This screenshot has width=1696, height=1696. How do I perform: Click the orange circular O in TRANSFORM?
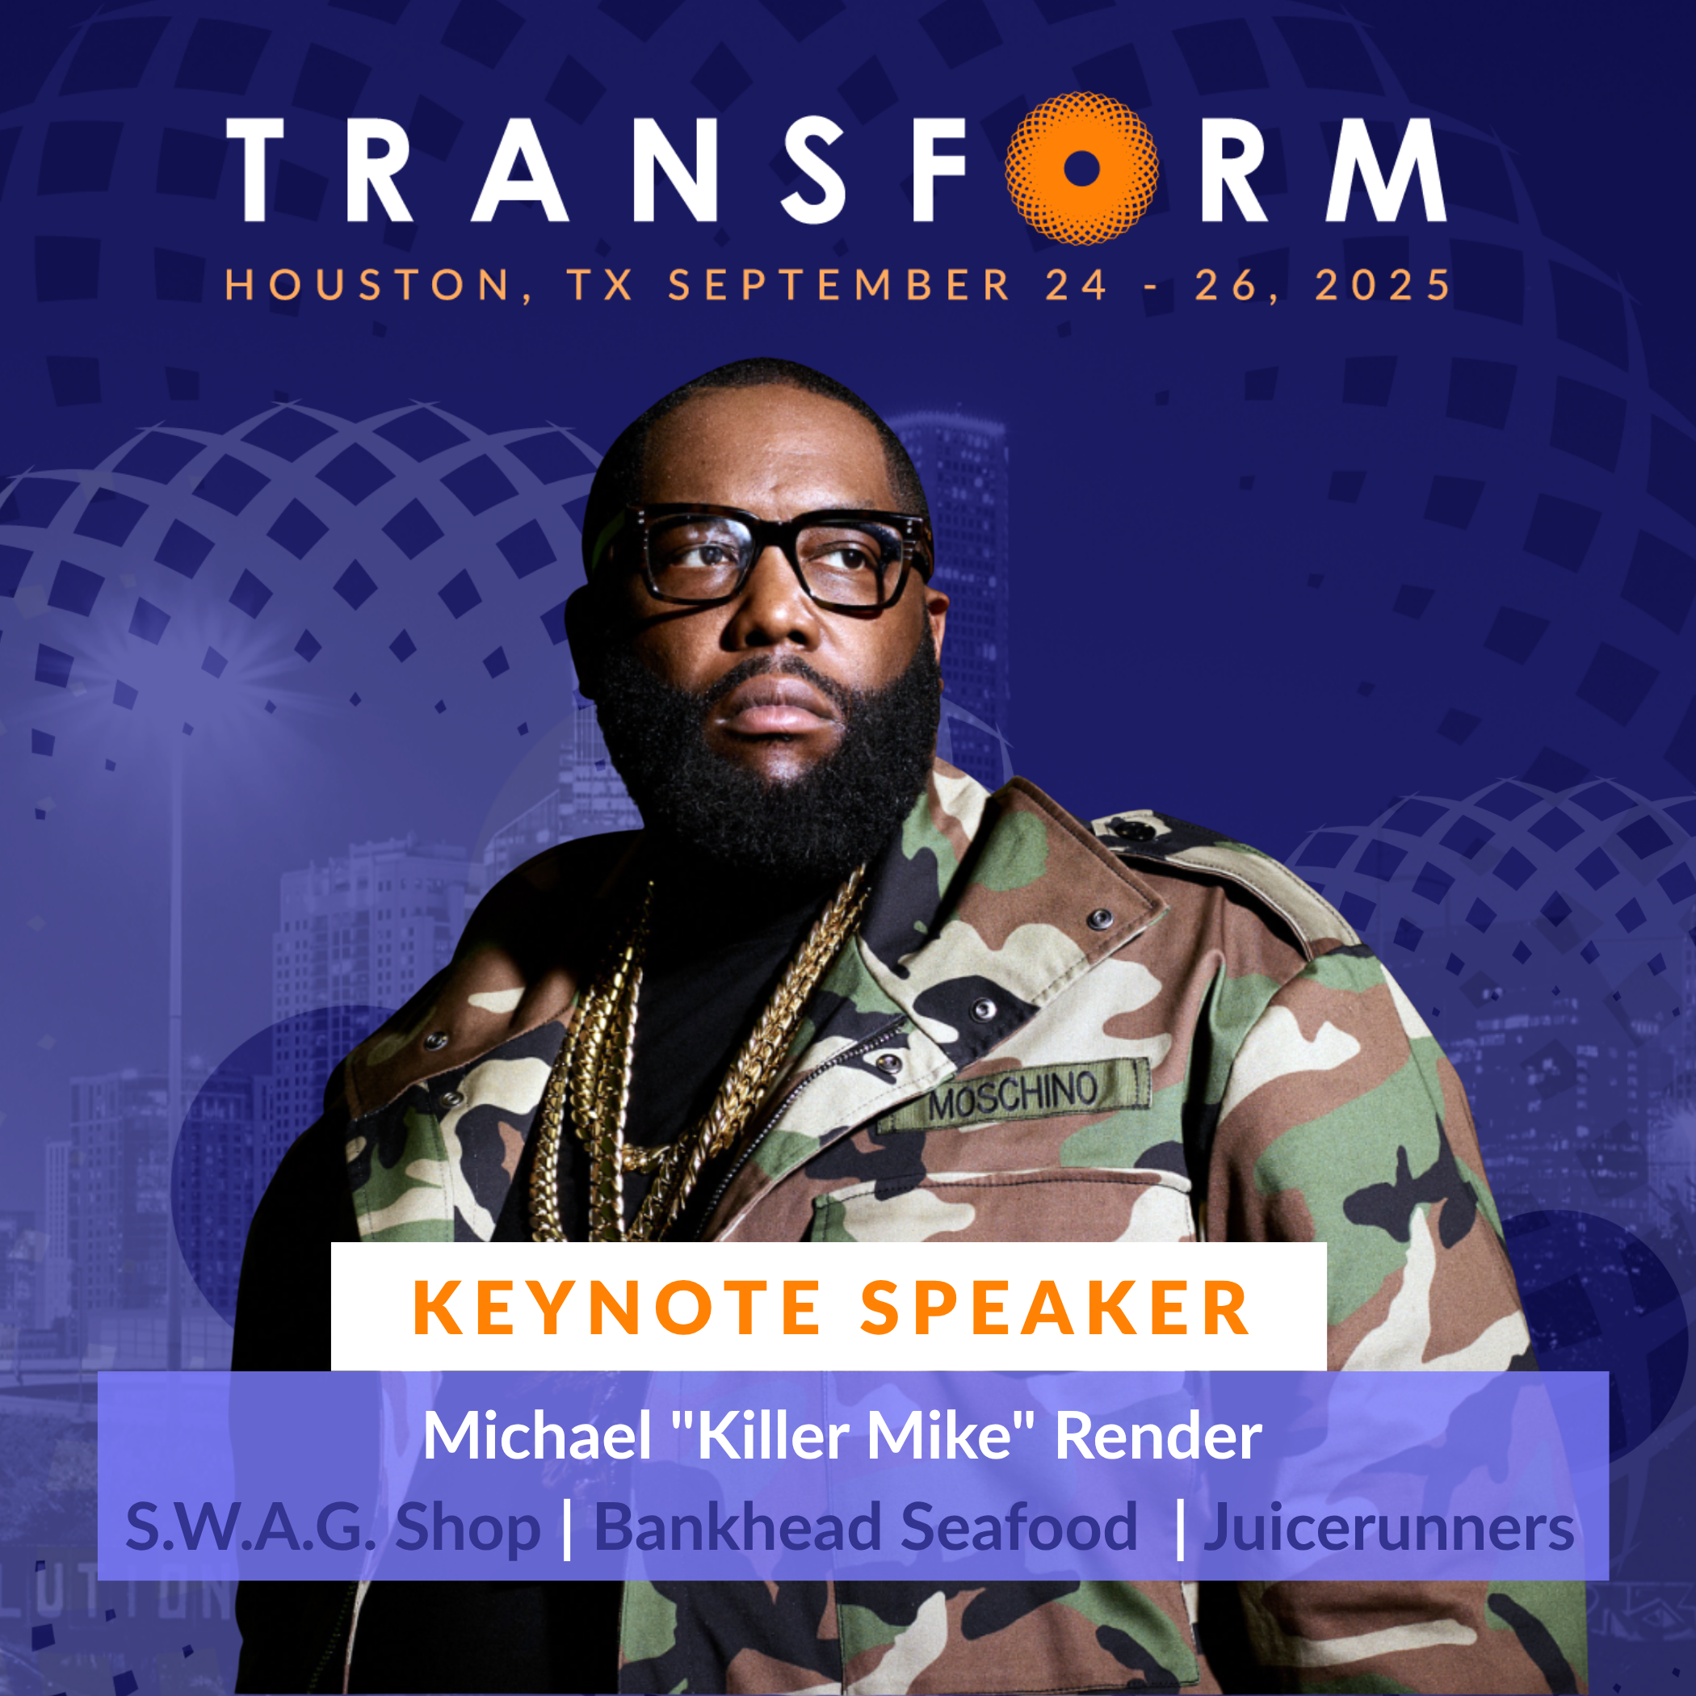[x=1081, y=169]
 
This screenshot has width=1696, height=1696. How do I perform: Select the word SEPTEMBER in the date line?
[x=839, y=284]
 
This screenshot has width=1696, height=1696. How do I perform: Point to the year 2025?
[x=1382, y=284]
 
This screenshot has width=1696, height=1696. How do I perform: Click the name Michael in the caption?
[x=537, y=1436]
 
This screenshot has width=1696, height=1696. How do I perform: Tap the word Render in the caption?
[x=1158, y=1436]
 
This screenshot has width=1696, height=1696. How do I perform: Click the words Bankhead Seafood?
[x=866, y=1527]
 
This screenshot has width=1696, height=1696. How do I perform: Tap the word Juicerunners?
[x=1389, y=1528]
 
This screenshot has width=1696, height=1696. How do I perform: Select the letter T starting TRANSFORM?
[x=254, y=170]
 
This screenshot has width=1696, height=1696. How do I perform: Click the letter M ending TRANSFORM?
[x=1386, y=170]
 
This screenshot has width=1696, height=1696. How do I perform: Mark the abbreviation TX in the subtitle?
[x=599, y=285]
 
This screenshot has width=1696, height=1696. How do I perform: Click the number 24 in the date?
[x=1077, y=285]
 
